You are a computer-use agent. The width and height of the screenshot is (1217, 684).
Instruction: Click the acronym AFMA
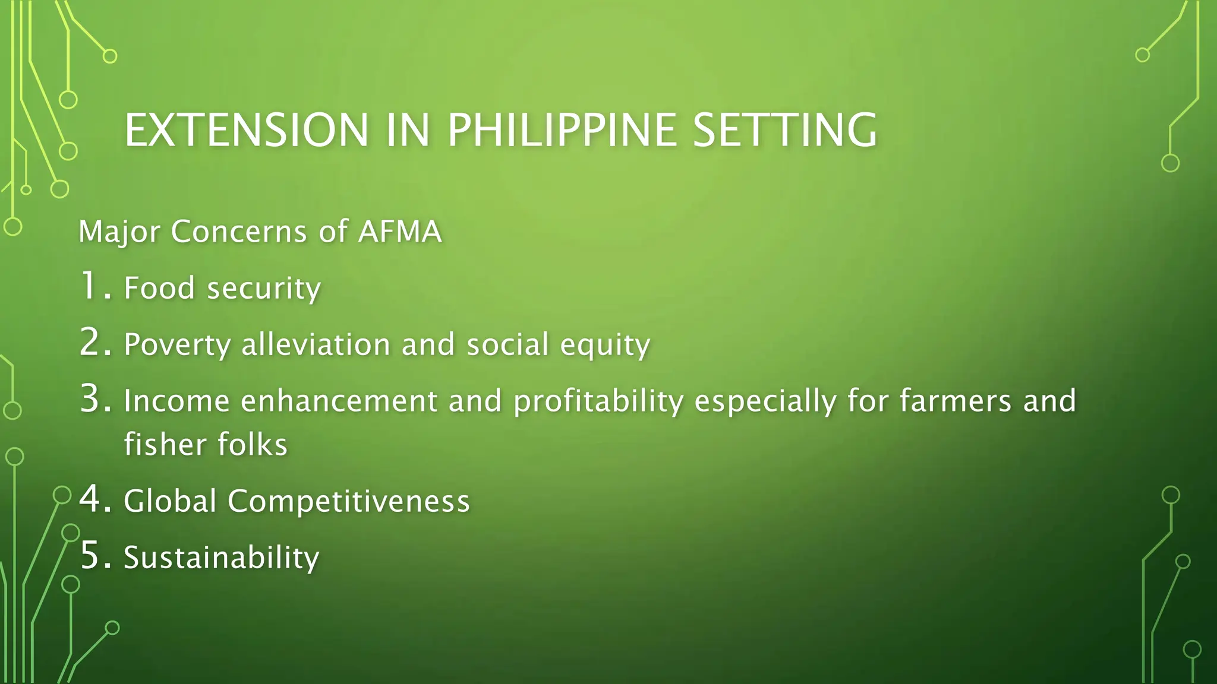point(400,231)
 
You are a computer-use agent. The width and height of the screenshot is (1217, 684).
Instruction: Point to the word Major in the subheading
point(119,232)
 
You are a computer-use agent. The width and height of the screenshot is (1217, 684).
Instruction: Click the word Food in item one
point(159,288)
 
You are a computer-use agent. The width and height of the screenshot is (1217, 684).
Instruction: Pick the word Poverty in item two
point(176,345)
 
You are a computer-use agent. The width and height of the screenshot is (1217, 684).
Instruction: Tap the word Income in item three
point(176,401)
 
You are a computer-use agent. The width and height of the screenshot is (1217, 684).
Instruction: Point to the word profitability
point(598,401)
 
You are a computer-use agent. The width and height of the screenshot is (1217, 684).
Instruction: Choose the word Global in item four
point(170,501)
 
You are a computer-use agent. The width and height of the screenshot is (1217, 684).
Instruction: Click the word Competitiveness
point(349,501)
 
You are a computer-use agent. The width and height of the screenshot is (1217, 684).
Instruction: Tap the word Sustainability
point(221,558)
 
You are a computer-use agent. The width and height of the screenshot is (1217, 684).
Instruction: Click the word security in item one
point(264,289)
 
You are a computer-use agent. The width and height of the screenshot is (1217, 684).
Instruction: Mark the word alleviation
point(316,344)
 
